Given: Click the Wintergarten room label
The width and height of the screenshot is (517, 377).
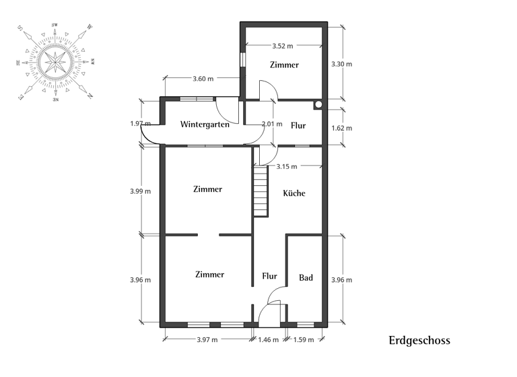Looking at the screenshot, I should [205, 125].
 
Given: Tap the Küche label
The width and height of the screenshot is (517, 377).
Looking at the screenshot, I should [294, 193].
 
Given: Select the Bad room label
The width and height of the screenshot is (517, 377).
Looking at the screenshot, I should [306, 277].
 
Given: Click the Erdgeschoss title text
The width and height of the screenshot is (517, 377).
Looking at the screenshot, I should [419, 341].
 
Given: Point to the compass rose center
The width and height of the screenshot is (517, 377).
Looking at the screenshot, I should [55, 62].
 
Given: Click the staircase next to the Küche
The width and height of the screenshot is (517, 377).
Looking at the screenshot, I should [261, 192].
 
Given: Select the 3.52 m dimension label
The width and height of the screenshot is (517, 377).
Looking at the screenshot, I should [283, 46].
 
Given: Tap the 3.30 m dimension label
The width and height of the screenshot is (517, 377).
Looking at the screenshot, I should [342, 65].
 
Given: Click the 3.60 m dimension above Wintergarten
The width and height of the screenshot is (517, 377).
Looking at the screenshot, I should [203, 79].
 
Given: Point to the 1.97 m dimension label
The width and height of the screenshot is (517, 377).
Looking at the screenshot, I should [140, 124].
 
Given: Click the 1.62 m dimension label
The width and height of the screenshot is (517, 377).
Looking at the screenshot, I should [342, 128].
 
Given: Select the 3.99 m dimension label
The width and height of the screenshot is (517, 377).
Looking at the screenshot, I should [140, 191].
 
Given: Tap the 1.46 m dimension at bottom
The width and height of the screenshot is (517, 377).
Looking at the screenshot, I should [268, 340].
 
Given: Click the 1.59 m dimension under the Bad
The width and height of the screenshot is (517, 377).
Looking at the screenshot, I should [304, 340].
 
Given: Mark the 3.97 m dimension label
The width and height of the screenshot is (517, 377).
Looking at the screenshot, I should [207, 340].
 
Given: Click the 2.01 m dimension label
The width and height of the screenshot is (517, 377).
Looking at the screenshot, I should [272, 124].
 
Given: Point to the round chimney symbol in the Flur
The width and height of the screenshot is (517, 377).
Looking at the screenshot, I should [318, 105].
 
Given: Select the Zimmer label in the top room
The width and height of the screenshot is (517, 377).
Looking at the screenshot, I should [284, 65].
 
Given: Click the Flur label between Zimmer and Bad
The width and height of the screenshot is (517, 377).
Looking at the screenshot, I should [269, 276].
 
